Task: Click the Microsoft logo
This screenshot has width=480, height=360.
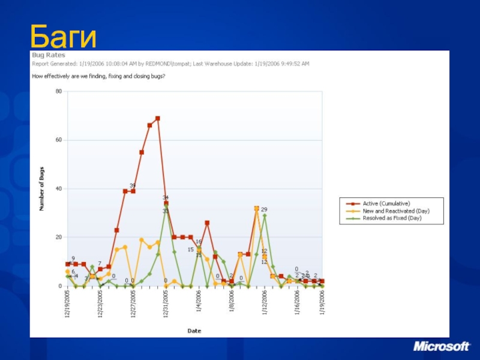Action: pyautogui.click(x=440, y=347)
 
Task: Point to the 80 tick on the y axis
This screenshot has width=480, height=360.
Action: pyautogui.click(x=59, y=91)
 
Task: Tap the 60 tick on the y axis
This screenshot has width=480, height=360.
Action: pyautogui.click(x=59, y=140)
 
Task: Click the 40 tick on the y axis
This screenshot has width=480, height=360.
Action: pyautogui.click(x=59, y=189)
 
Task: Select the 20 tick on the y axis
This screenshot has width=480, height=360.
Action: pyautogui.click(x=59, y=238)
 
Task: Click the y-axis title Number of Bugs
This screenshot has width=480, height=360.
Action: pyautogui.click(x=42, y=189)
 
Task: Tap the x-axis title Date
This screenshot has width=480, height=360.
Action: pyautogui.click(x=194, y=331)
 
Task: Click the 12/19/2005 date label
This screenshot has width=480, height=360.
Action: pyautogui.click(x=68, y=304)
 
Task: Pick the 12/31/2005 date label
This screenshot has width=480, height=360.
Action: pyautogui.click(x=166, y=304)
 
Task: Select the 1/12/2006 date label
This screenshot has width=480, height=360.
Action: pyautogui.click(x=265, y=305)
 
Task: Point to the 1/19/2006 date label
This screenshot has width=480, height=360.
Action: pyautogui.click(x=322, y=305)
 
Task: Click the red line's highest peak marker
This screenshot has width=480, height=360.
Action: pyautogui.click(x=158, y=118)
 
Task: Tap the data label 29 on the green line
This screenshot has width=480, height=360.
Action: pyautogui.click(x=264, y=209)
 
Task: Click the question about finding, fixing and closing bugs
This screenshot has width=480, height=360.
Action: pyautogui.click(x=98, y=76)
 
